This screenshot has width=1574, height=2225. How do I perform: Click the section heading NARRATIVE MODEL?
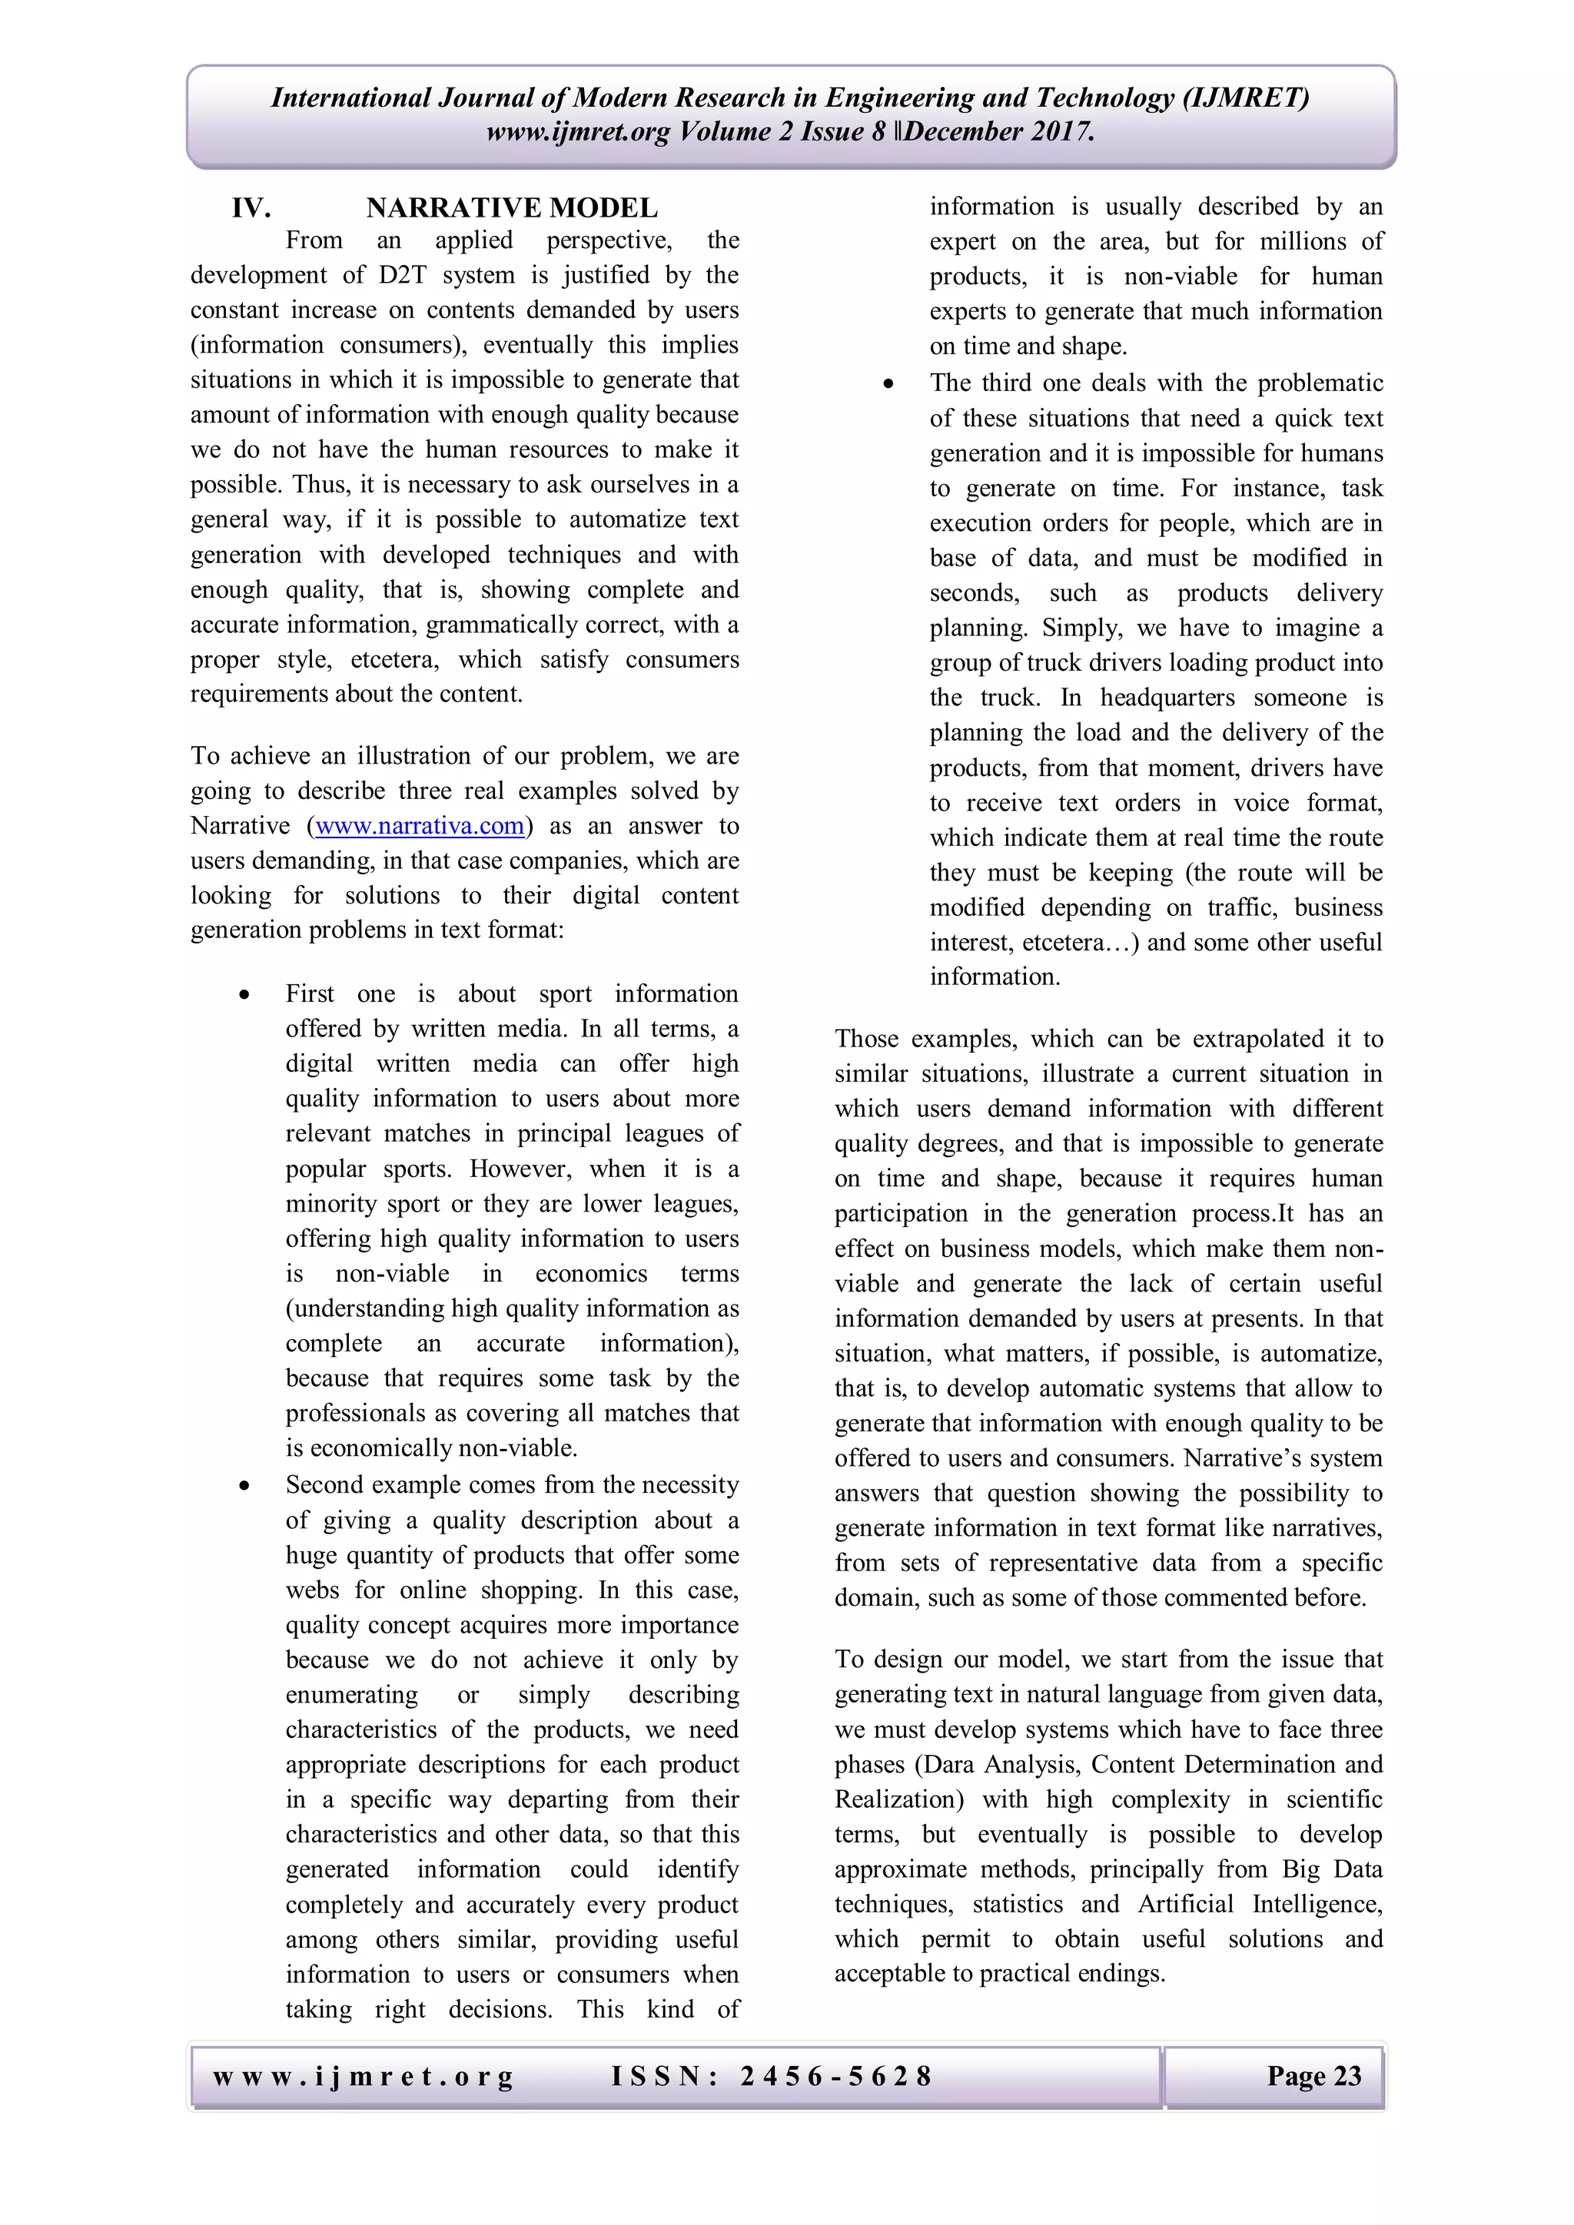512,208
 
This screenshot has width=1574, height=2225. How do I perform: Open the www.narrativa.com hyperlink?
420,826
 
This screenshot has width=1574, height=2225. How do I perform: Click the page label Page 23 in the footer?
1313,2076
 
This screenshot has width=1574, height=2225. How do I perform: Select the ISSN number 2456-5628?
835,2076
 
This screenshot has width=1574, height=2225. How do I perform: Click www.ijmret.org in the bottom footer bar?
364,2076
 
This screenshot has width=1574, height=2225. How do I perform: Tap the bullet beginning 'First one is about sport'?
246,995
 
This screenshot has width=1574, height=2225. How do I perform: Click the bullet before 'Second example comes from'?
246,1487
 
